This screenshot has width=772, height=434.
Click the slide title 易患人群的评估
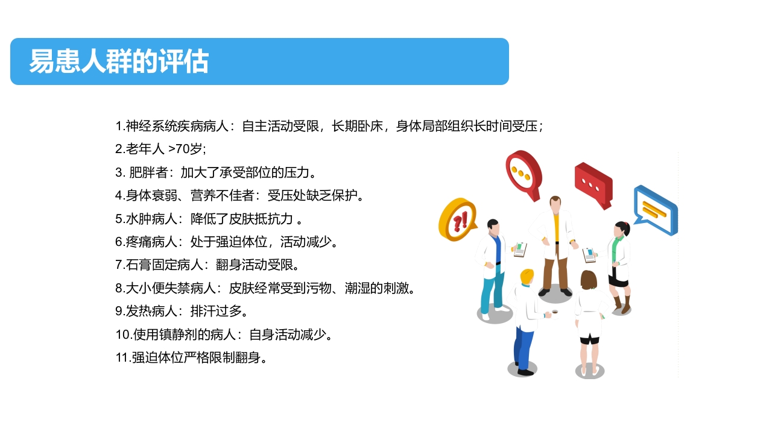119,61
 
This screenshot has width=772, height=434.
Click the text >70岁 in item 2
188,149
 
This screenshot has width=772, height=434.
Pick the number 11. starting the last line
123,357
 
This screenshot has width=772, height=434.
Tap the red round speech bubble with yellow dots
522,170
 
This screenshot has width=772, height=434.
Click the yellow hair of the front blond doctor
527,277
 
